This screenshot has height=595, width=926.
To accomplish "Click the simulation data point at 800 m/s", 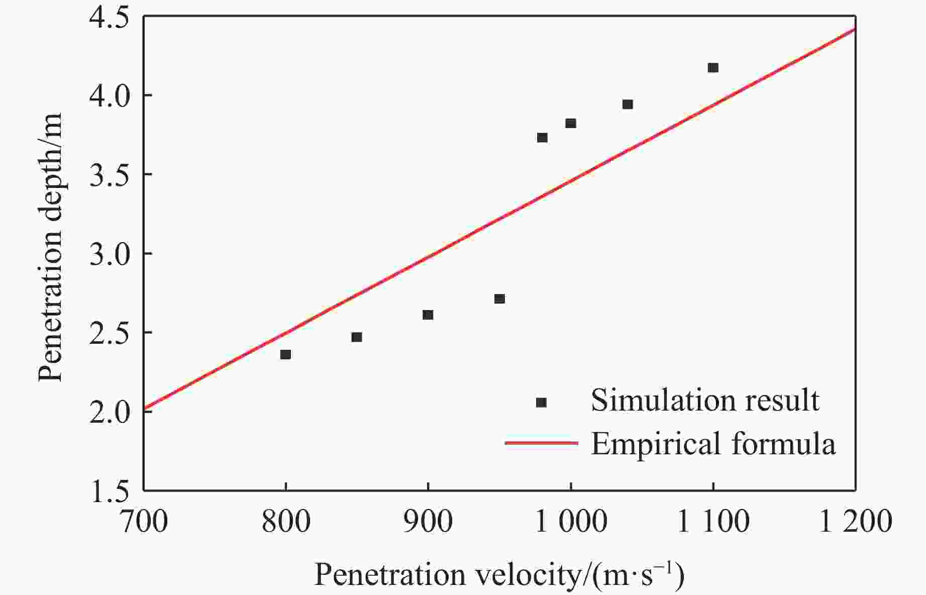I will click(285, 354).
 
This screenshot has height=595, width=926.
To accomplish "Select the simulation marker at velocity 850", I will click(357, 337).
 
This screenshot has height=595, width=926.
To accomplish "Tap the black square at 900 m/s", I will click(428, 315).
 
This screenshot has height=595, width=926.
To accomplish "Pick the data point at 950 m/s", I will click(499, 299).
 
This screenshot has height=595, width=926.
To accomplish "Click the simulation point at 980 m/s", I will click(542, 137).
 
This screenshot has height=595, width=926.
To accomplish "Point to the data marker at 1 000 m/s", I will click(571, 123).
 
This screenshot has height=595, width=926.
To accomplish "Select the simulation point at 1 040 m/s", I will click(628, 104).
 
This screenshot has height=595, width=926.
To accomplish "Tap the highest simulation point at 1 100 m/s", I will click(713, 67).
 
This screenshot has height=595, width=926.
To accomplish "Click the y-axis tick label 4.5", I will click(109, 17).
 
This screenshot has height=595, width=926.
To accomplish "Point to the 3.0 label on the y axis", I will click(109, 254).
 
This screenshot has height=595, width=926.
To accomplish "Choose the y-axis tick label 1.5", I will click(109, 491).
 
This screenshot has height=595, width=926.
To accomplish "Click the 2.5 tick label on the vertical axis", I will click(109, 333).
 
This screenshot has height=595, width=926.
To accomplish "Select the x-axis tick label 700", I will click(144, 522).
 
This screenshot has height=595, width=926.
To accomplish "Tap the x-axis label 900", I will click(428, 522).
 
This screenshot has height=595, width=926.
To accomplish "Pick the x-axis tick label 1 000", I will click(571, 522).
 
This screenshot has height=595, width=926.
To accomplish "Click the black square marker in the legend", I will click(541, 402).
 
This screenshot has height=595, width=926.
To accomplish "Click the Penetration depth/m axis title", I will click(51, 246).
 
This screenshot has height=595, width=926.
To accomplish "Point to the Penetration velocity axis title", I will click(499, 575).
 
